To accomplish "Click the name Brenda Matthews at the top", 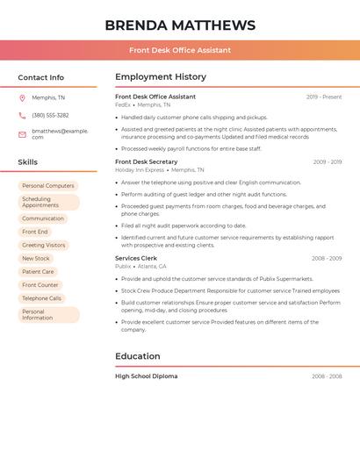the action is click(180, 25).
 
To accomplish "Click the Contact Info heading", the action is click(41, 77).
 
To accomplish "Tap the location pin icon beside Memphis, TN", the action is click(22, 97).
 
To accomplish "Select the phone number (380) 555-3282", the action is click(50, 115).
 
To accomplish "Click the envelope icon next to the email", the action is click(22, 134).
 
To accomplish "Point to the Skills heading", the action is click(28, 162).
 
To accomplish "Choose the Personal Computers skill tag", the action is click(48, 186).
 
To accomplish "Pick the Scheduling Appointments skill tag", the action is click(48, 203).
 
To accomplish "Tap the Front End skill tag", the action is click(35, 232).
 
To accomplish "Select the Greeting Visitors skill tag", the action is click(44, 245).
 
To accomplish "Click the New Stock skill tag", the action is click(36, 259).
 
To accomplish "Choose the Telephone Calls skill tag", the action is click(42, 298).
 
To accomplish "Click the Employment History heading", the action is click(161, 77).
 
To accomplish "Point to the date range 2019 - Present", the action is click(324, 97).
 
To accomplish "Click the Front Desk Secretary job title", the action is click(147, 162).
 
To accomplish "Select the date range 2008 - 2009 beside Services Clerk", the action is click(327, 259).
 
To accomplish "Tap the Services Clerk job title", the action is click(136, 259).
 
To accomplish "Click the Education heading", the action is click(138, 356).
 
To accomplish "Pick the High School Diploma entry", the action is click(147, 376).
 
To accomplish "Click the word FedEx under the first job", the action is click(123, 104).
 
